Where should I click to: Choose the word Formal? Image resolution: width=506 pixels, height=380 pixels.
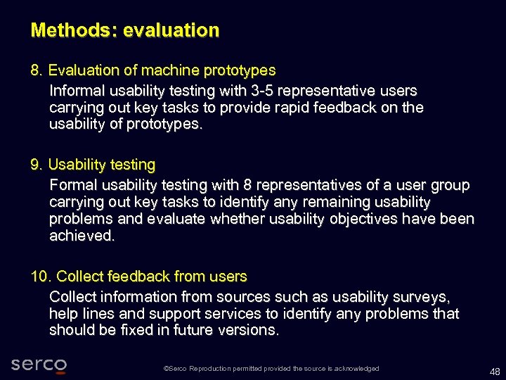tap(74, 186)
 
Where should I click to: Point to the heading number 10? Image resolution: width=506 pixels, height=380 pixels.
tap(41, 277)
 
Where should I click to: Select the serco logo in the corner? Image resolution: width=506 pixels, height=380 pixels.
tap(39, 365)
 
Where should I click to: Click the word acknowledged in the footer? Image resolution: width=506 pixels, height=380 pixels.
tap(357, 369)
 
